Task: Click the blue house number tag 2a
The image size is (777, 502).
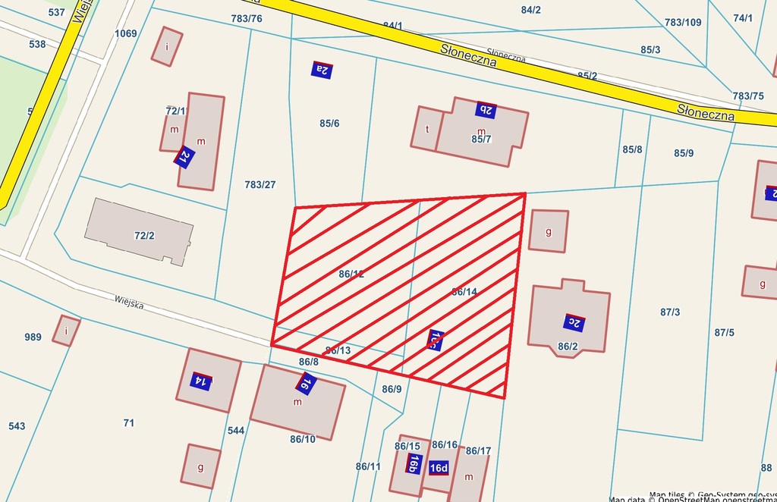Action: pyautogui.click(x=322, y=70)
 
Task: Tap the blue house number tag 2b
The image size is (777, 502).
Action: pyautogui.click(x=486, y=110)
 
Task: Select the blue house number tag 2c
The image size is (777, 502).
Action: pyautogui.click(x=574, y=322)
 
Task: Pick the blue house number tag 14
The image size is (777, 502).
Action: pyautogui.click(x=200, y=380)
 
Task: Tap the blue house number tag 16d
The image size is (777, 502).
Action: pyautogui.click(x=439, y=468)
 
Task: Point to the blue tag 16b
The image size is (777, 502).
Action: pyautogui.click(x=414, y=463)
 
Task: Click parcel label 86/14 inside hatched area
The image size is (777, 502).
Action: pyautogui.click(x=464, y=292)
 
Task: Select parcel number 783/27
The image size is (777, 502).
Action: pyautogui.click(x=260, y=184)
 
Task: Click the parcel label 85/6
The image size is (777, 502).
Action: pyautogui.click(x=329, y=123)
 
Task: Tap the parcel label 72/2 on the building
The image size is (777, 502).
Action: pyautogui.click(x=144, y=235)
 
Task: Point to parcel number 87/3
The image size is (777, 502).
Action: pyautogui.click(x=670, y=312)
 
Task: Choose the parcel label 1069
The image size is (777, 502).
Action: pyautogui.click(x=126, y=33)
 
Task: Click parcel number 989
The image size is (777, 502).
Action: pyautogui.click(x=33, y=337)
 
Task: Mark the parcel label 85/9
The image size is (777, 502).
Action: pyautogui.click(x=684, y=153)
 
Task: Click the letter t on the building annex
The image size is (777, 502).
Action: pyautogui.click(x=427, y=129)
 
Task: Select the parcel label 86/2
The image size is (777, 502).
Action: pyautogui.click(x=568, y=347)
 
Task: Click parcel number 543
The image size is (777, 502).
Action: pyautogui.click(x=17, y=426)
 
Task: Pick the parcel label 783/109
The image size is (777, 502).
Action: pyautogui.click(x=683, y=22)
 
